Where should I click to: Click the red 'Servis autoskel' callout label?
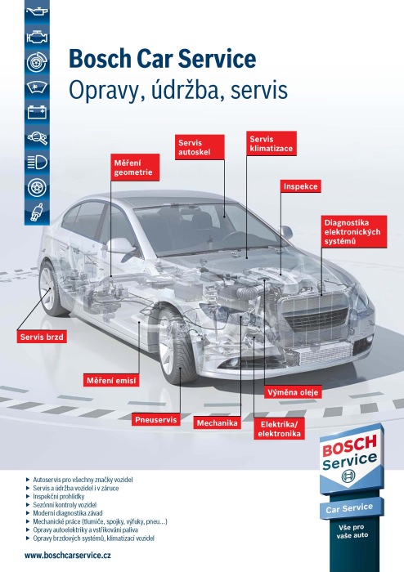click(200, 147)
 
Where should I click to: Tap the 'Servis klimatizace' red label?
click(272, 144)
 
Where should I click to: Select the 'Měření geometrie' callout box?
click(135, 168)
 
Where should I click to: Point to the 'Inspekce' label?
click(300, 186)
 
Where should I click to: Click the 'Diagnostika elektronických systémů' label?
click(354, 231)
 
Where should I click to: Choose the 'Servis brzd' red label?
click(42, 337)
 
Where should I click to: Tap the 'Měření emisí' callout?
click(111, 381)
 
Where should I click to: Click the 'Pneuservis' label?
click(156, 419)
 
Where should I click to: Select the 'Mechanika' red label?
click(218, 422)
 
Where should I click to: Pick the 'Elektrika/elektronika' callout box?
click(279, 429)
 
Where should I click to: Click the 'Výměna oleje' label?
click(293, 392)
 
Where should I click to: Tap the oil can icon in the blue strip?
click(38, 11)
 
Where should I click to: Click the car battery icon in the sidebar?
click(38, 112)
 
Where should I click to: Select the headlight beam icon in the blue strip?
click(38, 163)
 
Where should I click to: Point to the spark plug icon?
click(38, 212)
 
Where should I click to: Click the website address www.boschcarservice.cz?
click(68, 555)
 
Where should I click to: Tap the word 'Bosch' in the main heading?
click(100, 59)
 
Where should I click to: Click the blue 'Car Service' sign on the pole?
click(352, 507)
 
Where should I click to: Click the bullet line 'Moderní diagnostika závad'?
click(68, 513)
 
